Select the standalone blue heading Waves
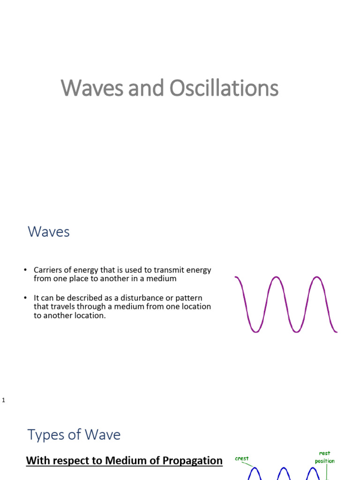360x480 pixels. pyautogui.click(x=49, y=232)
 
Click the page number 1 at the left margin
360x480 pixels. pyautogui.click(x=3, y=400)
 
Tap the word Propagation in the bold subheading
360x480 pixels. pyautogui.click(x=192, y=460)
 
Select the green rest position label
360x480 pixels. pyautogui.click(x=324, y=457)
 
